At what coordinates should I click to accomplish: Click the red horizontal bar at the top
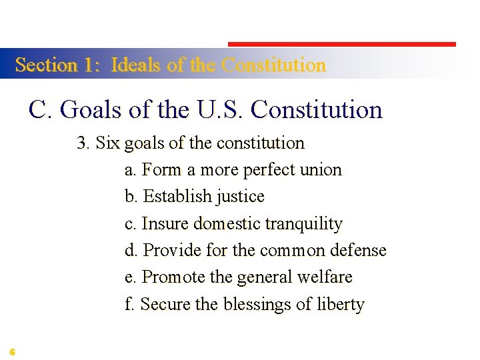coord(342,44)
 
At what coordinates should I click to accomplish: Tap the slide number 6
coord(13,351)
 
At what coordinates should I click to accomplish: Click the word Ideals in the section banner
coord(136,65)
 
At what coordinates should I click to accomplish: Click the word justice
coord(240,197)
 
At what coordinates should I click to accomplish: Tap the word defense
coord(360,251)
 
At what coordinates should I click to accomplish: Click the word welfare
coord(327,277)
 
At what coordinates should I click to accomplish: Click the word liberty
coord(341,305)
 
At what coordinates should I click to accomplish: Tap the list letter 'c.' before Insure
coord(131,224)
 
